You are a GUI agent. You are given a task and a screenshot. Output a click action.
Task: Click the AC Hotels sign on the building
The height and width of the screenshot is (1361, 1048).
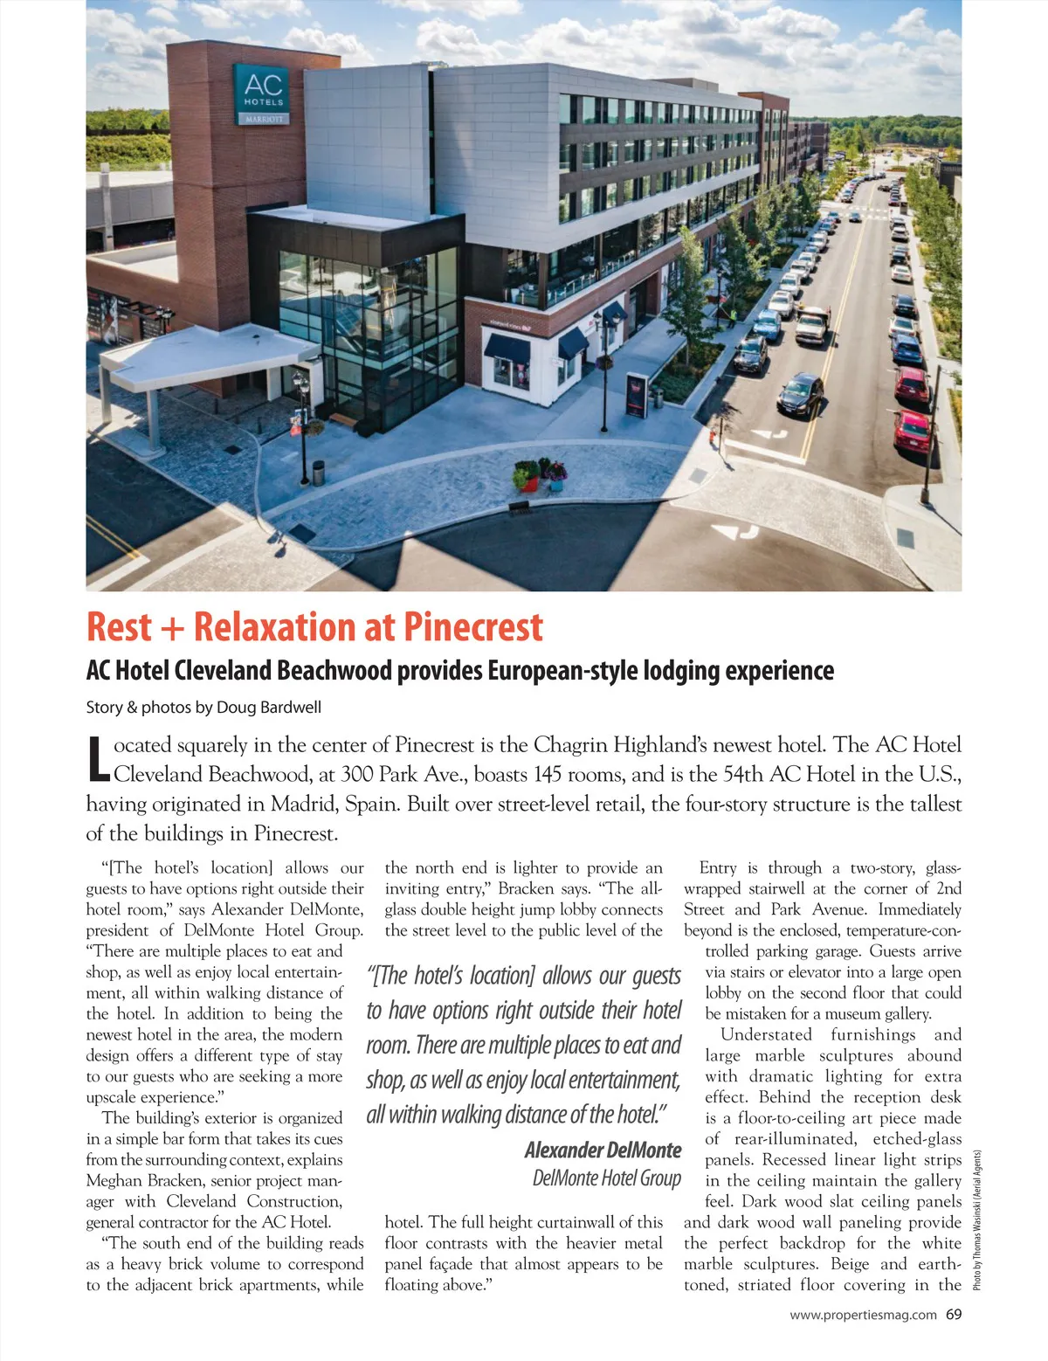pos(263,93)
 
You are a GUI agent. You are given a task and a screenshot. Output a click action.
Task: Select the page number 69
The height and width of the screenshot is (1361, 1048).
pos(953,1314)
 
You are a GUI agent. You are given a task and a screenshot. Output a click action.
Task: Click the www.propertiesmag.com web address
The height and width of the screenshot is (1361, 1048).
pos(863,1315)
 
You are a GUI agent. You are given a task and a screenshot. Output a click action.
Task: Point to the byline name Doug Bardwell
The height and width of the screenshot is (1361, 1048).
pos(269,708)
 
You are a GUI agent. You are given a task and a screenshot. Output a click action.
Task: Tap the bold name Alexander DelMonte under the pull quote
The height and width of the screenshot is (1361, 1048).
pos(603,1150)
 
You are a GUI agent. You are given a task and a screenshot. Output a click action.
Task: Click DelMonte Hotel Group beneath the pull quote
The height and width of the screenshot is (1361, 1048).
pos(607,1178)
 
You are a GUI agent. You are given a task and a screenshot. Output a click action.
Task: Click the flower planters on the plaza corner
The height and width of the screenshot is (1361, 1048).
pos(539,474)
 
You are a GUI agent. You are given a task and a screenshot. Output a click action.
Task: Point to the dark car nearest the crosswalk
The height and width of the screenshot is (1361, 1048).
pos(799,394)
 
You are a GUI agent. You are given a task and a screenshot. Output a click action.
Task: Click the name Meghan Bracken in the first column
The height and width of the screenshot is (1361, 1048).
pos(128,1181)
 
